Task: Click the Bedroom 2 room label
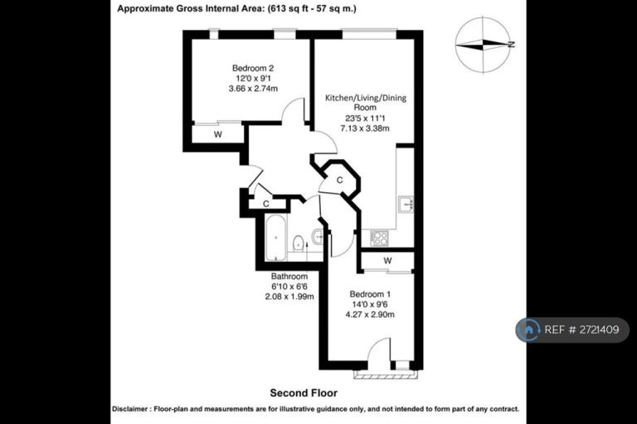[253, 68]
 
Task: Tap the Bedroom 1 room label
[370, 294]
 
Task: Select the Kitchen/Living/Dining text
[366, 98]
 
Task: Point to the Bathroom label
[289, 277]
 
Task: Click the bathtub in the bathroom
[276, 238]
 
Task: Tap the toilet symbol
[299, 243]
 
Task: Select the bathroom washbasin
[318, 236]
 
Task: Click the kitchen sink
[406, 204]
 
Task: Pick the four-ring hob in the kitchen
[379, 238]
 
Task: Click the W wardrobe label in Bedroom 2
[218, 135]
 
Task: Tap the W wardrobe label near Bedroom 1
[387, 261]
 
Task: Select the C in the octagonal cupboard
[339, 180]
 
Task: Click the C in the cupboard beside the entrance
[266, 204]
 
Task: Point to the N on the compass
[512, 45]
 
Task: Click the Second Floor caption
[304, 393]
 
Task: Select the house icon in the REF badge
[528, 330]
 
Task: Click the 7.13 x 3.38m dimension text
[365, 128]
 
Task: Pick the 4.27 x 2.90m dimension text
[370, 315]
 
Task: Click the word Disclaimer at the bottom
[130, 409]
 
